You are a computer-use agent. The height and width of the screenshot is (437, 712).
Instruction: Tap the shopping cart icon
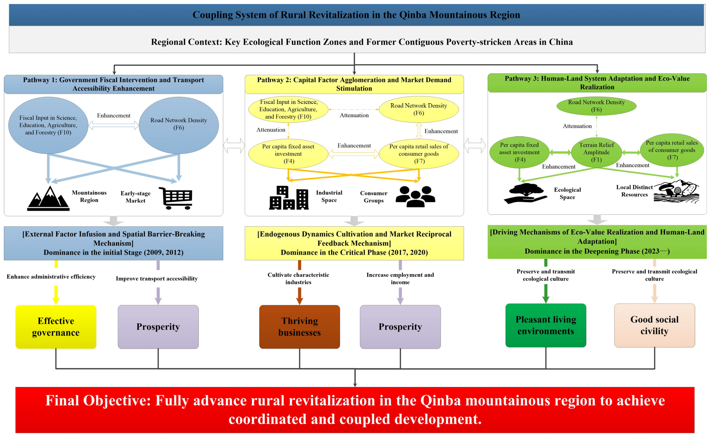pyautogui.click(x=176, y=198)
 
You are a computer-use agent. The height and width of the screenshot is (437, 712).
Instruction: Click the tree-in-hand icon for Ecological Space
pyautogui.click(x=525, y=193)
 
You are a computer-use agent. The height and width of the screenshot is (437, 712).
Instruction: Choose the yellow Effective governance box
pyautogui.click(x=56, y=327)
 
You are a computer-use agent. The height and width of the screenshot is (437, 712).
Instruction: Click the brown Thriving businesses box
pyautogui.click(x=300, y=327)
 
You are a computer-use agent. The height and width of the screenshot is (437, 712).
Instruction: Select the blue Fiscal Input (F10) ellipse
pyautogui.click(x=48, y=125)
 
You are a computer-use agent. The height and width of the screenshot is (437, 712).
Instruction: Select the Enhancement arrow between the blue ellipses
pyautogui.click(x=114, y=125)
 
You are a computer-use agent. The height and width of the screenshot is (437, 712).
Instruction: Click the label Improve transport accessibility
pyautogui.click(x=157, y=279)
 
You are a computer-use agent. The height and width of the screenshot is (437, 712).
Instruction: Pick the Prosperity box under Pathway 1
pyautogui.click(x=158, y=327)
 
